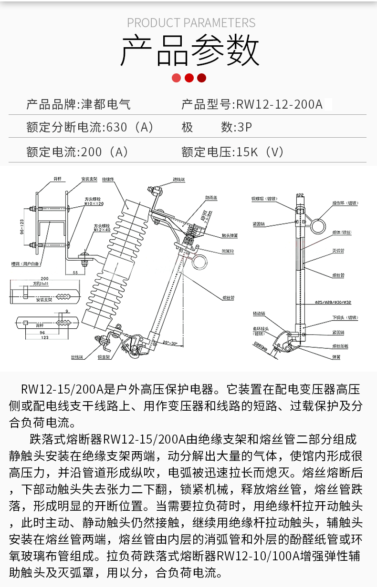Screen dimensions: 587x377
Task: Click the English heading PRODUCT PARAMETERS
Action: coord(191,23)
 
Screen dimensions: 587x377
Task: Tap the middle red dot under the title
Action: coord(189,78)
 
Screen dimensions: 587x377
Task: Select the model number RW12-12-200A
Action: coord(280,104)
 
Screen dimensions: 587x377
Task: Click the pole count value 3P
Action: coord(244,127)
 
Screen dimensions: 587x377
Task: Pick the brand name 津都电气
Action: coord(106,104)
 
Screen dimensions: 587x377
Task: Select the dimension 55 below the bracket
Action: coord(76,272)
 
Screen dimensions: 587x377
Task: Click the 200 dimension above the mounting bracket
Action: coord(45,278)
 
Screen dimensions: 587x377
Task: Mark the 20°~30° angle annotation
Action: coord(170,343)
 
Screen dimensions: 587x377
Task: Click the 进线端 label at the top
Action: coord(179,180)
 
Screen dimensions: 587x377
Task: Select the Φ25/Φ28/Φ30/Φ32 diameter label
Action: coord(333,302)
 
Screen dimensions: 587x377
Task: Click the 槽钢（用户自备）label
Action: coord(26,263)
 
